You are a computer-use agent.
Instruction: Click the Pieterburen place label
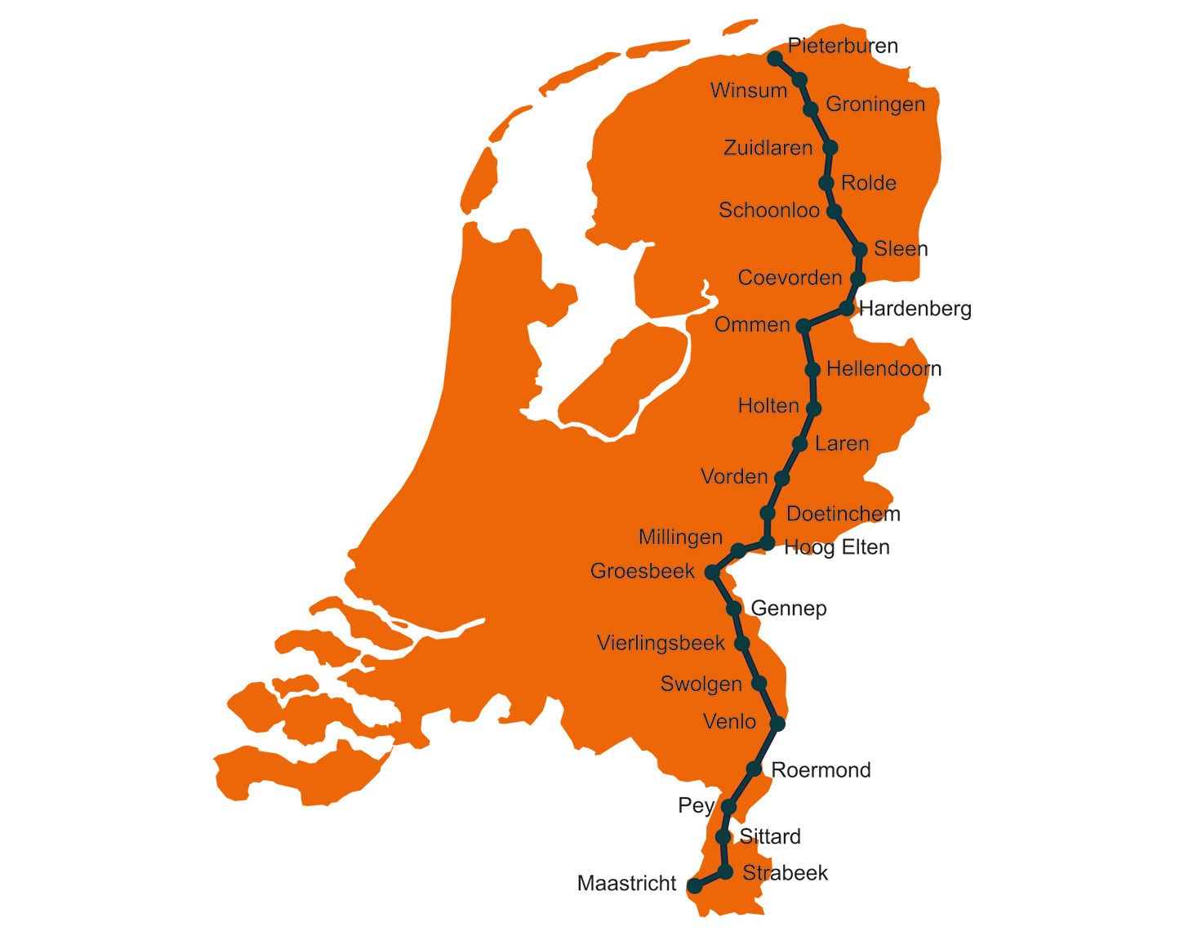pyautogui.click(x=843, y=46)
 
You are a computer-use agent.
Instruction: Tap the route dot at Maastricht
pyautogui.click(x=694, y=885)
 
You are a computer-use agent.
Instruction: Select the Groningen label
pyautogui.click(x=875, y=105)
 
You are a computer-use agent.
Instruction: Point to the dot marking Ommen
pyautogui.click(x=803, y=326)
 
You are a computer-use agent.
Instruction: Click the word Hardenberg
pyautogui.click(x=915, y=309)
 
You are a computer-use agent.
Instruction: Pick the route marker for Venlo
pyautogui.click(x=777, y=723)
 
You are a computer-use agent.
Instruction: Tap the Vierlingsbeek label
pyautogui.click(x=661, y=644)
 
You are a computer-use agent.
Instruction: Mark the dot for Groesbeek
pyautogui.click(x=711, y=572)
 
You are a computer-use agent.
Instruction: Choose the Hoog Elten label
pyautogui.click(x=836, y=547)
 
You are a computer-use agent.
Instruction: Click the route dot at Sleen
pyautogui.click(x=859, y=249)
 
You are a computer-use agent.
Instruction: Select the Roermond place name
pyautogui.click(x=821, y=769)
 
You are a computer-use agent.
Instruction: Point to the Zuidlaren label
pyautogui.click(x=768, y=148)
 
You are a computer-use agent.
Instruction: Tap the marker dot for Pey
pyautogui.click(x=729, y=807)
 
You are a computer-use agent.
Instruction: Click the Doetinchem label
pyautogui.click(x=843, y=514)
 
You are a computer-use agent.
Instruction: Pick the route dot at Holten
pyautogui.click(x=813, y=408)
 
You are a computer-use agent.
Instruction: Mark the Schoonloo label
pyautogui.click(x=768, y=211)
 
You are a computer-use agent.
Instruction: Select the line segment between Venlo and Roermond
pyautogui.click(x=766, y=746)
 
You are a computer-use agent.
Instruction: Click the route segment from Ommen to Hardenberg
pyautogui.click(x=825, y=317)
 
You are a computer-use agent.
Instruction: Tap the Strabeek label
pyautogui.click(x=785, y=873)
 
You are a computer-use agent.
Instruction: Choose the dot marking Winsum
pyautogui.click(x=800, y=79)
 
